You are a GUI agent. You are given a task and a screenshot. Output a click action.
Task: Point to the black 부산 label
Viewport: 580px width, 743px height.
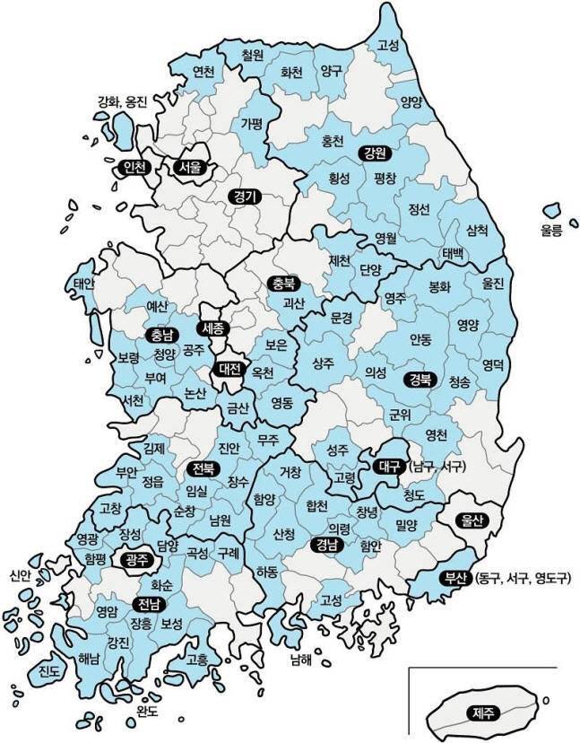(453, 578)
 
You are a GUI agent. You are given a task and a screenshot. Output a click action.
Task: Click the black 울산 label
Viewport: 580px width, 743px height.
(472, 520)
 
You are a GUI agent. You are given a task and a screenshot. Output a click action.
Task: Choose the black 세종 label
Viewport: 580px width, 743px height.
(215, 328)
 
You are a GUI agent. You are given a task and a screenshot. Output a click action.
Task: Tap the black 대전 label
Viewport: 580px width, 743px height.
(229, 368)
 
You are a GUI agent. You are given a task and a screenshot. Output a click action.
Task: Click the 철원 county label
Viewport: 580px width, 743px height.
(253, 55)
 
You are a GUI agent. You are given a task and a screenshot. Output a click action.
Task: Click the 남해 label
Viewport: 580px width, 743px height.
(299, 661)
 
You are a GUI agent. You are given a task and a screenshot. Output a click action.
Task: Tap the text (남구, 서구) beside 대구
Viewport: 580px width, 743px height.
(434, 468)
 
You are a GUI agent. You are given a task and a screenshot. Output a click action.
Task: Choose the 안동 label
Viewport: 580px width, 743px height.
(420, 339)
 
